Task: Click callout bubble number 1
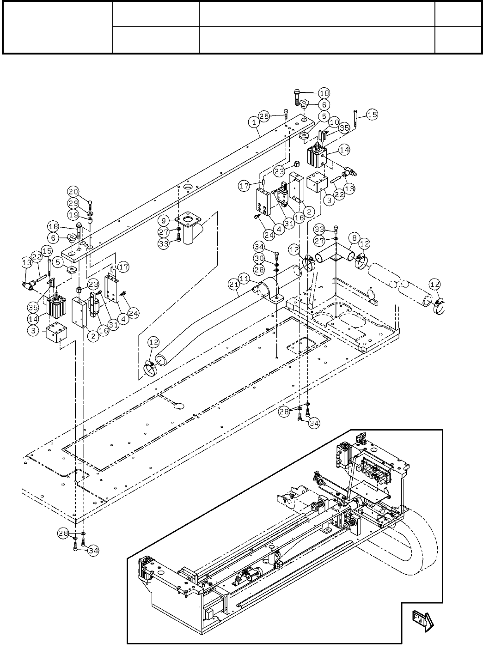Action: (x=254, y=122)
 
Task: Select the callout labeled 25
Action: (x=264, y=116)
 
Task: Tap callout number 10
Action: (x=334, y=122)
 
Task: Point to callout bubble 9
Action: (x=164, y=220)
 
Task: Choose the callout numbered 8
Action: (x=355, y=238)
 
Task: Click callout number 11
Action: (x=245, y=279)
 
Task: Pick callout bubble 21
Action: (x=234, y=284)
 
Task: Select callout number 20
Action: (x=73, y=192)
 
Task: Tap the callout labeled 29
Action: (x=73, y=203)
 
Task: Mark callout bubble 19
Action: (x=73, y=215)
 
